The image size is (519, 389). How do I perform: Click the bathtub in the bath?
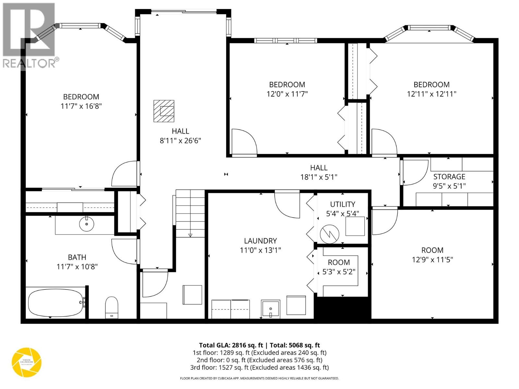[55, 303]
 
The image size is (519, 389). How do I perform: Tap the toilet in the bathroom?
[112, 307]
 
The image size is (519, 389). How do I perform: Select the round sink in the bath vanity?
[87, 224]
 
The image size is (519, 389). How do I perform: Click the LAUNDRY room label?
[260, 241]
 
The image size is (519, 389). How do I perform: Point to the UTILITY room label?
[343, 204]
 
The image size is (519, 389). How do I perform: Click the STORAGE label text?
[449, 177]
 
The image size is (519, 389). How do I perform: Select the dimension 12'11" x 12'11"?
[431, 94]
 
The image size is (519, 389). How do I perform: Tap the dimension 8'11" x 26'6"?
[180, 141]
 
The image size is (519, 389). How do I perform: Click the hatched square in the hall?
[164, 111]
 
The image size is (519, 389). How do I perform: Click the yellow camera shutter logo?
[27, 362]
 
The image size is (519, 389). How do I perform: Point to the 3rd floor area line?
[259, 367]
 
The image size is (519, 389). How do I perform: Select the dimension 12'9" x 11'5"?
[432, 260]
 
